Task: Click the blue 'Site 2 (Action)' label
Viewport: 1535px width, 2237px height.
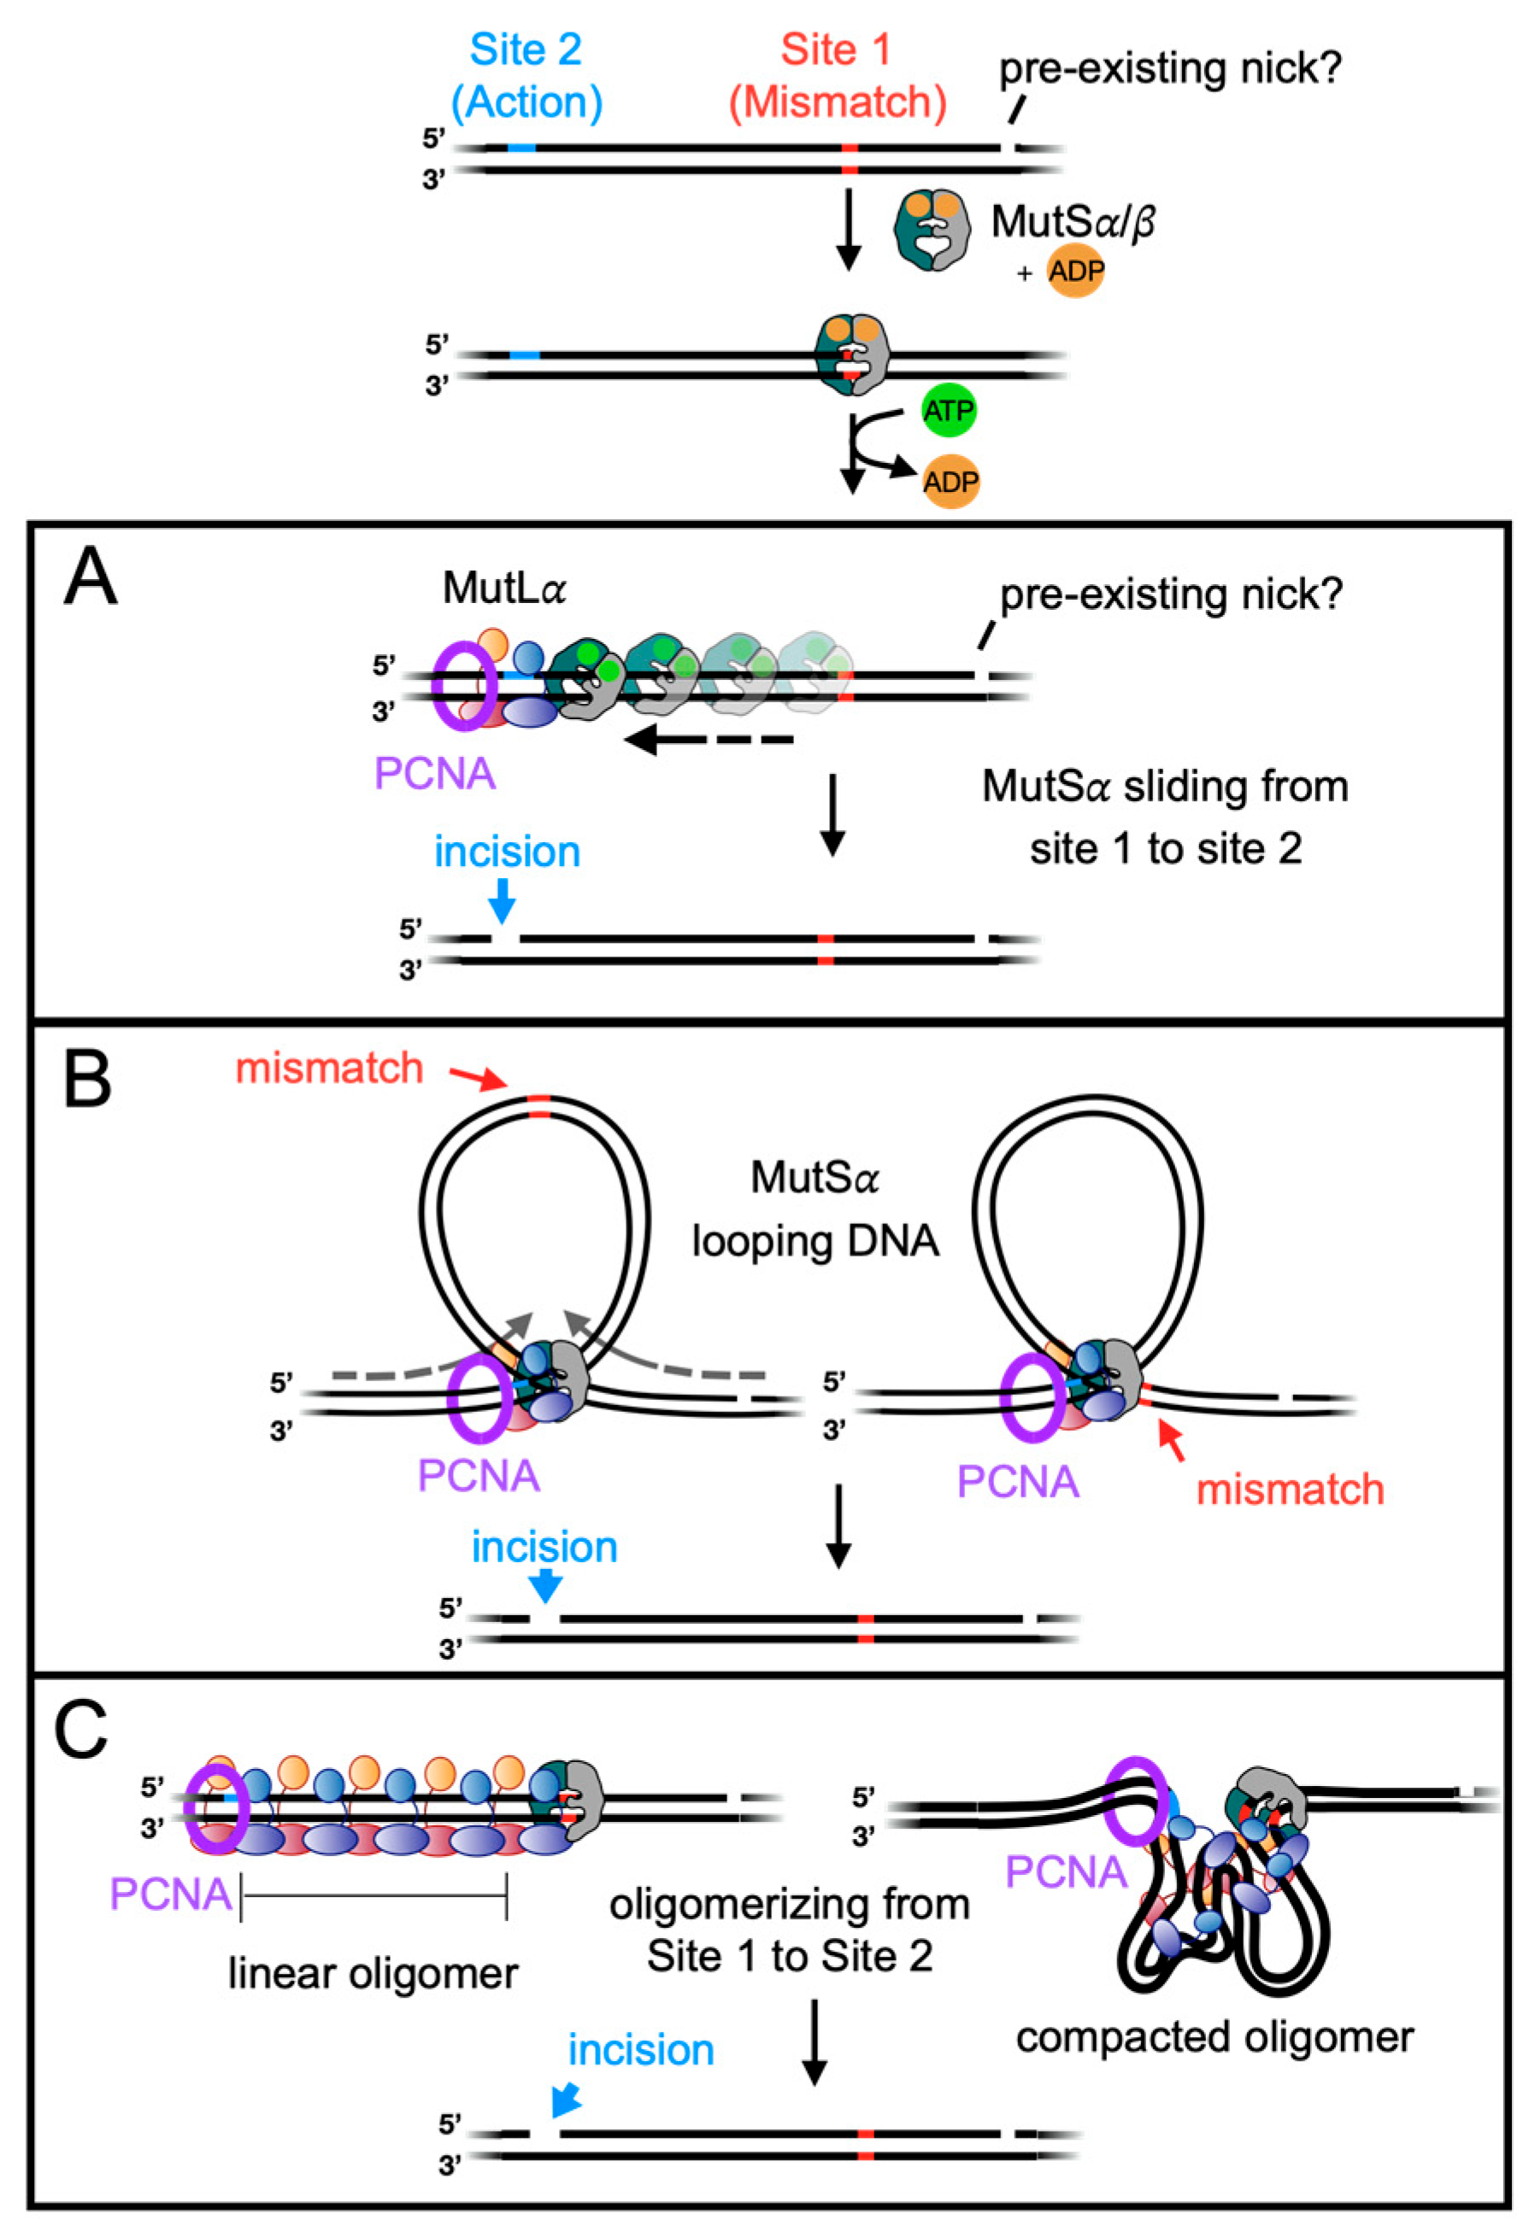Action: [526, 76]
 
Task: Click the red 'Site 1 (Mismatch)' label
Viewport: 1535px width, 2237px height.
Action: [836, 76]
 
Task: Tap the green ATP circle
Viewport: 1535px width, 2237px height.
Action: [949, 411]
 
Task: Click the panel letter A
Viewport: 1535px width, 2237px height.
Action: [91, 577]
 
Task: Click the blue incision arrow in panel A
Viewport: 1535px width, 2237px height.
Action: [502, 902]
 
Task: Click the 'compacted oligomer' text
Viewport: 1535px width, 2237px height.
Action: [1214, 2038]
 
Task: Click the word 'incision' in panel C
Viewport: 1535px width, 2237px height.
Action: [640, 2050]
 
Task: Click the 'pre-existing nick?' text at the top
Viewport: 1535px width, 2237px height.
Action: [1169, 68]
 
